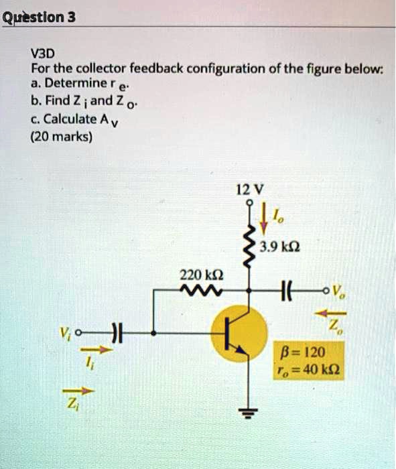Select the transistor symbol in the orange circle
[x=238, y=334]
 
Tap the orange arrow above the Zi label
[x=87, y=391]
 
